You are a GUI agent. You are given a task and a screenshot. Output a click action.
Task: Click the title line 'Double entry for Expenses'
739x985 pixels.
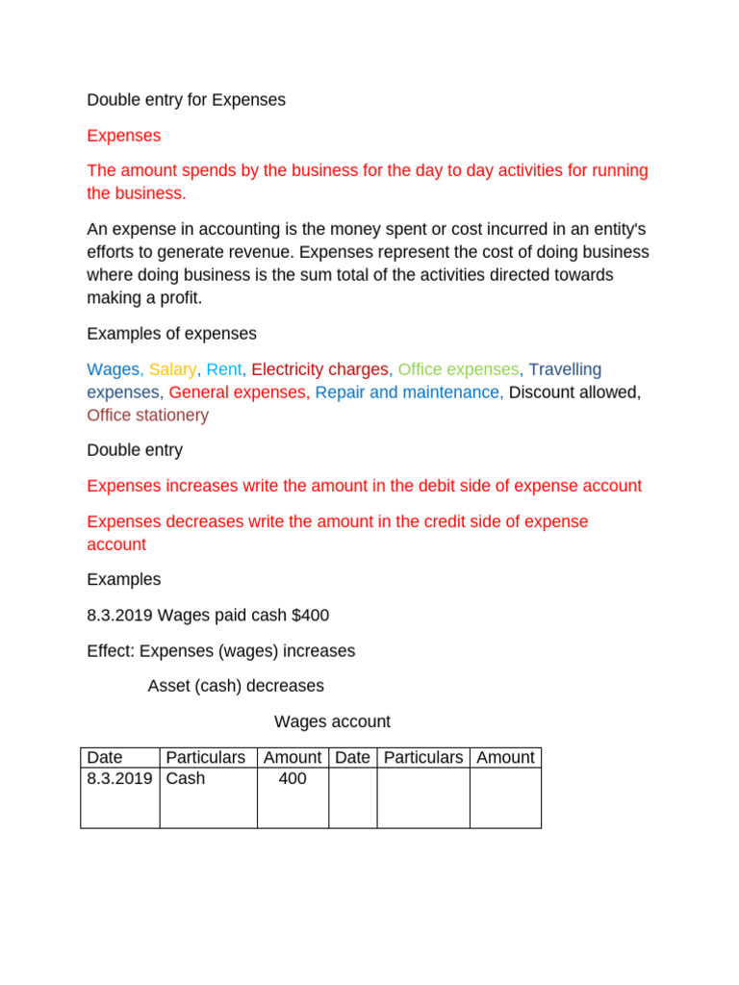tap(186, 100)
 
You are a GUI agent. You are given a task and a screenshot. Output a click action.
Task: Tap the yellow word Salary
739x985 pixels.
tap(172, 369)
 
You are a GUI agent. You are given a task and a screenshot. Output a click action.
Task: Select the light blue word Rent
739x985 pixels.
tap(225, 369)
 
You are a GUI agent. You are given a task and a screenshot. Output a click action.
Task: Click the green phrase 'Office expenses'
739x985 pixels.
tap(458, 369)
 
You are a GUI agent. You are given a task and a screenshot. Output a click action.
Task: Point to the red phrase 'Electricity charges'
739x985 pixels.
tap(319, 369)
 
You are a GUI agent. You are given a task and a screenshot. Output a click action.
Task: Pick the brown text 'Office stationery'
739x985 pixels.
tap(147, 416)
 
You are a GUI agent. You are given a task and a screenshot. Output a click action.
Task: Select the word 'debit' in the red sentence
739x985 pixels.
tap(440, 486)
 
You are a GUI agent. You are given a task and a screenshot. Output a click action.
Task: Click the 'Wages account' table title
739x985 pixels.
tap(332, 721)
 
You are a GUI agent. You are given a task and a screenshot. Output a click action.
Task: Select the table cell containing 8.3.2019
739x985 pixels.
tap(119, 779)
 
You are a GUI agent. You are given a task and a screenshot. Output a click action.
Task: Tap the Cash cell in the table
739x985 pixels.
tap(186, 779)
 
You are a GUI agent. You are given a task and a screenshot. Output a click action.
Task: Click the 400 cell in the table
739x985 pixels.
tap(292, 779)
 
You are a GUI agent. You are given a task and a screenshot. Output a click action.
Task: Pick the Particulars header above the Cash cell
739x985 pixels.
tap(206, 758)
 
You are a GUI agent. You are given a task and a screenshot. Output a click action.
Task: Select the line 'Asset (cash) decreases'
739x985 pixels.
tap(236, 686)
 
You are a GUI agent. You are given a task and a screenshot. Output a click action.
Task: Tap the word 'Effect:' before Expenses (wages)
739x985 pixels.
tap(111, 651)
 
